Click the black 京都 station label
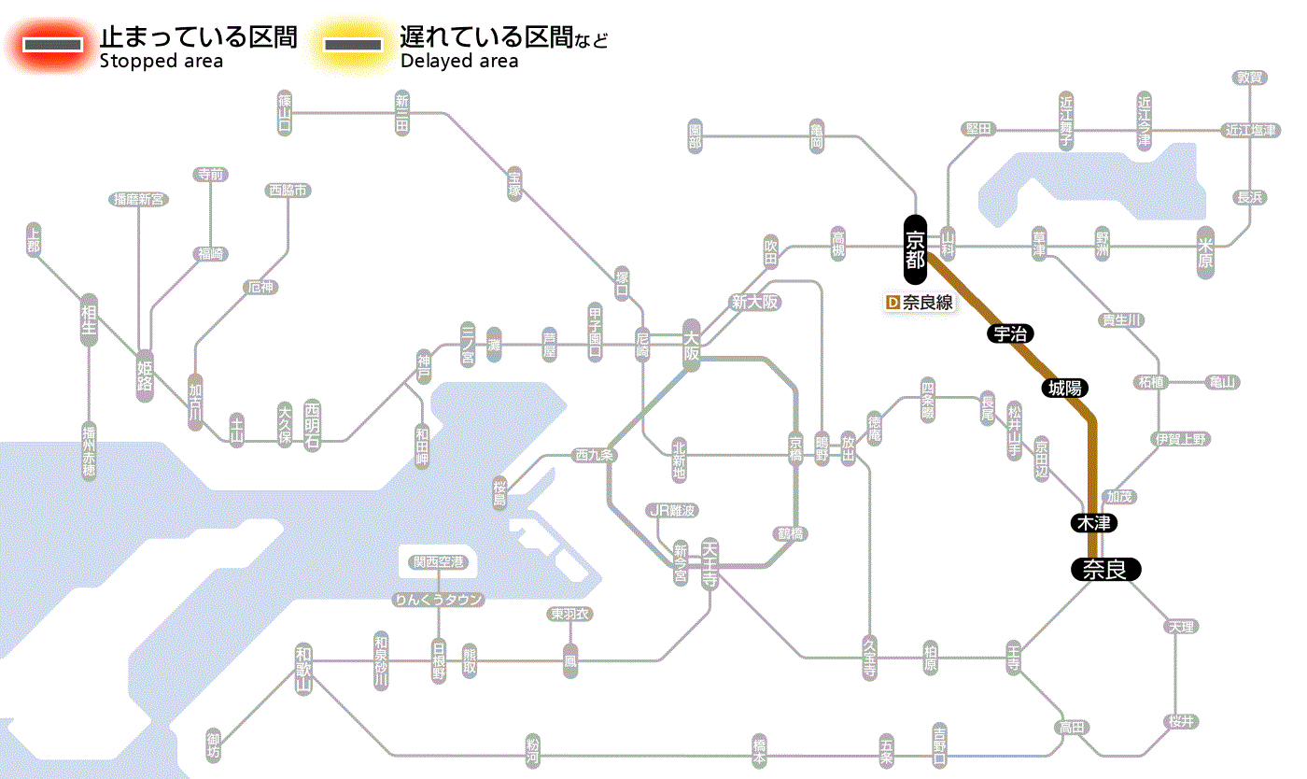coord(915,249)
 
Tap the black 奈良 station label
coord(1104,569)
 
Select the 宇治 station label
coord(1011,333)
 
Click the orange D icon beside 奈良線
coord(892,303)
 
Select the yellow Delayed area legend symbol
coord(352,45)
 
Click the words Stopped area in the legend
coord(162,62)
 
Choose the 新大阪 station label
coord(754,303)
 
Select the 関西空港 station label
coord(438,562)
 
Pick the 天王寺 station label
coord(709,562)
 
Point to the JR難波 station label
coord(673,510)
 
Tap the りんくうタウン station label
coord(438,600)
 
